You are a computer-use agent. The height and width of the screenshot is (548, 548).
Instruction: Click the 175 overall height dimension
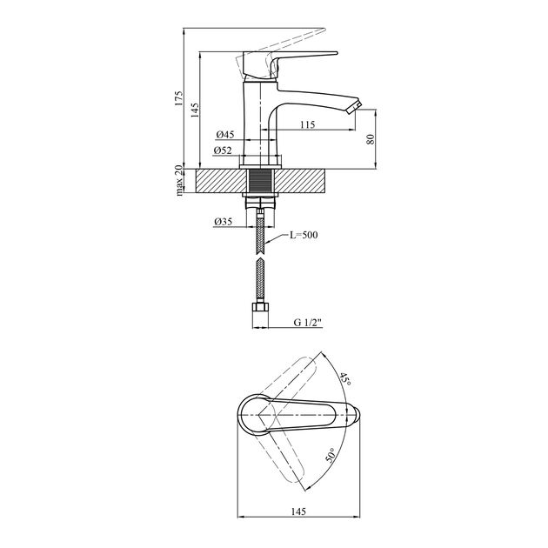coord(178,98)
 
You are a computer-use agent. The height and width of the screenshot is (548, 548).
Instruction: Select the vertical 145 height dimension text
coord(195,110)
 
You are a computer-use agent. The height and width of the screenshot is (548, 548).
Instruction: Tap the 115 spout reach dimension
coord(307,124)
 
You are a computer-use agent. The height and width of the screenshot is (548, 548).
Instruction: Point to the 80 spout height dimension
coord(371,139)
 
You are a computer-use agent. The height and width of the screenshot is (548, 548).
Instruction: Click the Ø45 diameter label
coord(224,134)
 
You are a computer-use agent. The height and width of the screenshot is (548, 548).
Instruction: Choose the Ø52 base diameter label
coord(223,150)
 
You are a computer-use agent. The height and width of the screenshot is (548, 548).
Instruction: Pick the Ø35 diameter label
coord(223,222)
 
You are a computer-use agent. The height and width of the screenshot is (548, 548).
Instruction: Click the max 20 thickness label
coord(178,180)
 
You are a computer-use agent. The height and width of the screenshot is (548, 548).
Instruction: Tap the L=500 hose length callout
coord(304,235)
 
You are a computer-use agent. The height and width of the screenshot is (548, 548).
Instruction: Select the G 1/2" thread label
coord(307,322)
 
